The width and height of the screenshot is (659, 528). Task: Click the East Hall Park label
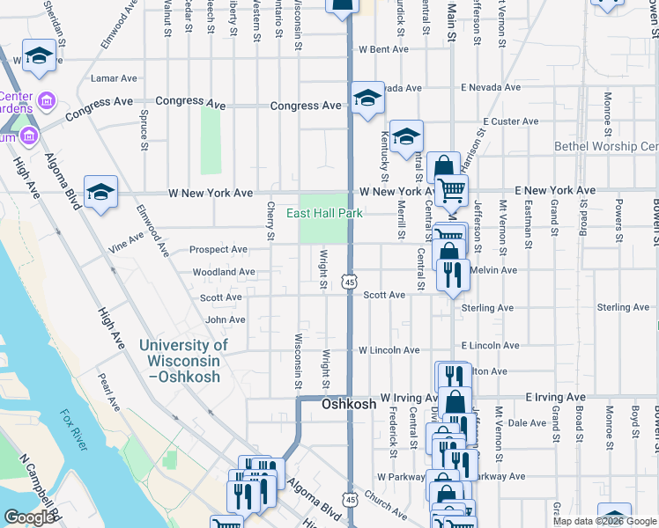(x=324, y=213)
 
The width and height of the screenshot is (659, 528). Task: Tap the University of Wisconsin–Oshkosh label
(x=183, y=361)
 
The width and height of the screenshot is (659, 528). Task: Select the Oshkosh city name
(x=349, y=405)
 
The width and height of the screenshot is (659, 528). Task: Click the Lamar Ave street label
(x=108, y=78)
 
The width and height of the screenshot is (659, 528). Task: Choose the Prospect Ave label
(x=218, y=250)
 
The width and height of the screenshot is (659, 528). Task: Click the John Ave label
(x=225, y=320)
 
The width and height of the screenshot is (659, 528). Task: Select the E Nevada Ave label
(x=489, y=88)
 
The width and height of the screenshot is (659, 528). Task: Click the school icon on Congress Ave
(x=367, y=98)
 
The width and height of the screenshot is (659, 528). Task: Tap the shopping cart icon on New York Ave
(x=451, y=189)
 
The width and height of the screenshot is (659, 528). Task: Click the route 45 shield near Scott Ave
(x=350, y=282)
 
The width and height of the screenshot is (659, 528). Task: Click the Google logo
(x=30, y=517)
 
